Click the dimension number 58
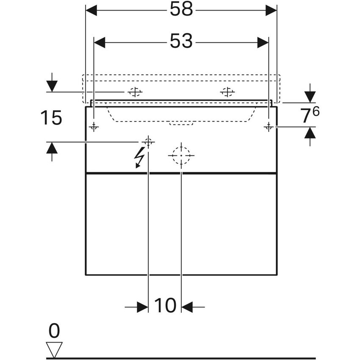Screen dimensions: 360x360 click(181, 10)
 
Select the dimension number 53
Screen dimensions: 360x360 click(181, 42)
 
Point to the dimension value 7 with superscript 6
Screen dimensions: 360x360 click(310, 116)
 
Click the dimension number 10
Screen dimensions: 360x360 click(165, 306)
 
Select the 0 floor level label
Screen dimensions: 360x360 click(54, 330)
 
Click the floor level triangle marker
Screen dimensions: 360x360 click(54, 349)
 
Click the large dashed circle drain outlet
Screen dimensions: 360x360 click(181, 155)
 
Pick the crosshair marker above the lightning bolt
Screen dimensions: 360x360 click(148, 142)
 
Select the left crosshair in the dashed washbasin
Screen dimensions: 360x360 click(135, 92)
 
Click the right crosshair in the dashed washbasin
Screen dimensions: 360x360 click(227, 92)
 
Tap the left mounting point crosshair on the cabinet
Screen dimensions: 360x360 click(94, 127)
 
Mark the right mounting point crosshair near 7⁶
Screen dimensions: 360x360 click(268, 127)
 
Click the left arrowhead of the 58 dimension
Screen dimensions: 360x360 click(91, 11)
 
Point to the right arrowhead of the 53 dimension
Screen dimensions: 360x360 click(263, 42)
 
